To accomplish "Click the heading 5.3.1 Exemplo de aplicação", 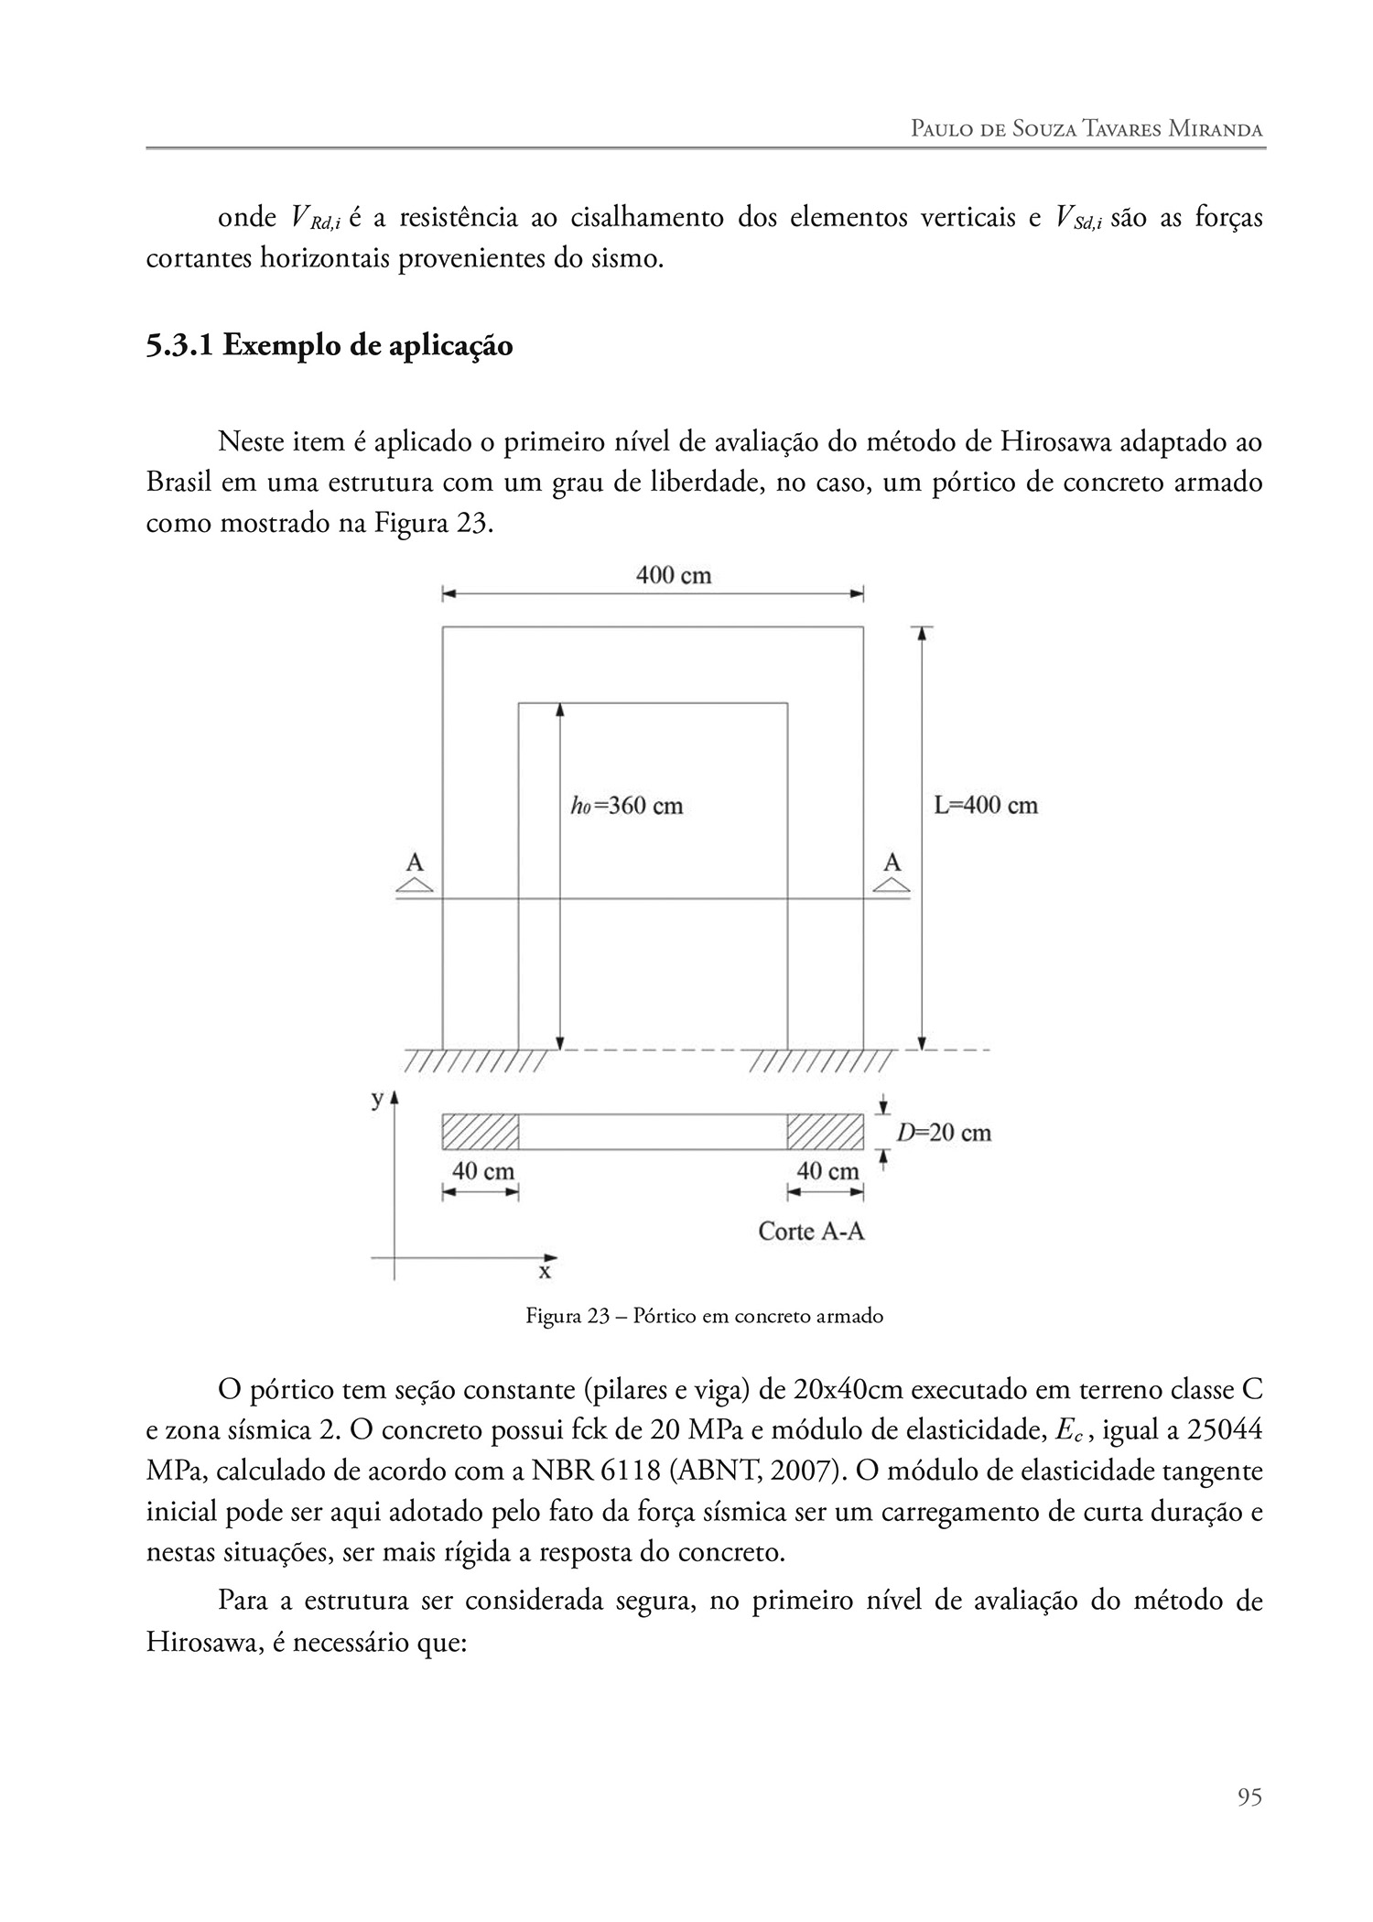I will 329,346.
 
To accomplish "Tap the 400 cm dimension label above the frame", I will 674,575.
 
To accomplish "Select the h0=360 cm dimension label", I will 626,806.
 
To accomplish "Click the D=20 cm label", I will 943,1133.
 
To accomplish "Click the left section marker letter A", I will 415,862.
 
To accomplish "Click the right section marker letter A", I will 892,862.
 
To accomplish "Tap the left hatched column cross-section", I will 481,1132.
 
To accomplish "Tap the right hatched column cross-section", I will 825,1132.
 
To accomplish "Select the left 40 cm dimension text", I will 482,1171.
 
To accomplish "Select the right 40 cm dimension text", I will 827,1171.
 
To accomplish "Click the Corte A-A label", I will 811,1231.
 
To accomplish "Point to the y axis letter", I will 377,1100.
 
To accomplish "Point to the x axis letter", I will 545,1272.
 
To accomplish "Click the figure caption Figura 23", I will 704,1317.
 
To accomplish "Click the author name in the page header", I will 1087,129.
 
